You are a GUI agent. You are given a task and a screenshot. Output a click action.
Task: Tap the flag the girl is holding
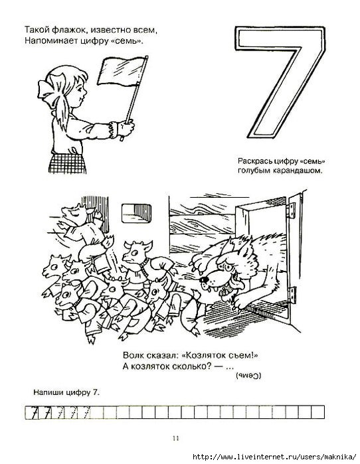pyautogui.click(x=122, y=71)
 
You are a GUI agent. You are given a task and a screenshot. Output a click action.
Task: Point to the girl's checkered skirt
pyautogui.click(x=68, y=163)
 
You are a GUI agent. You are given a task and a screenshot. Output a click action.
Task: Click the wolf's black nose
pyautogui.click(x=204, y=279)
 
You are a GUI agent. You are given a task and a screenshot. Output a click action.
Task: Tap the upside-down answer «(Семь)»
pyautogui.click(x=248, y=376)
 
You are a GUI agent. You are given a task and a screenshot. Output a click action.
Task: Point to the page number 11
pyautogui.click(x=176, y=438)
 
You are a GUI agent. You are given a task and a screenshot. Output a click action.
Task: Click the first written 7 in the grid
pyautogui.click(x=35, y=412)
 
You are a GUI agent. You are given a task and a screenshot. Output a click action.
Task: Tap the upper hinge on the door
pyautogui.click(x=292, y=210)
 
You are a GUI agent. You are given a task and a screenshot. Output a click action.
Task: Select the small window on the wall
pyautogui.click(x=136, y=212)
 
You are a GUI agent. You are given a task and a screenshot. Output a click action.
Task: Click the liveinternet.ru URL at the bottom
pyautogui.click(x=274, y=456)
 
